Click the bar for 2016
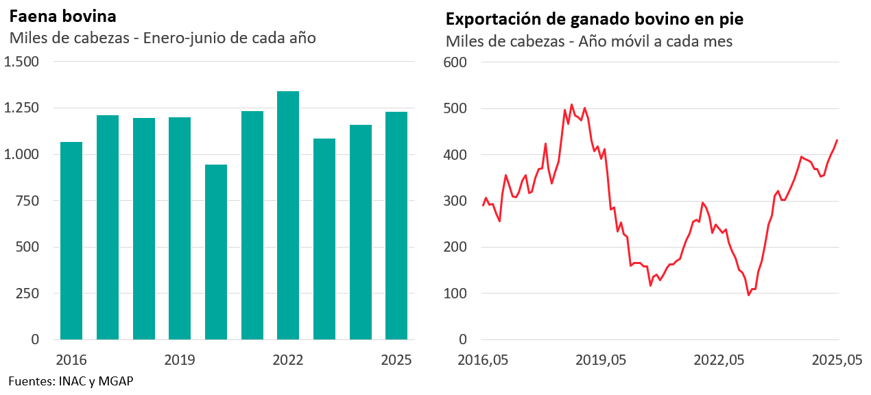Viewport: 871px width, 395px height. tap(71, 241)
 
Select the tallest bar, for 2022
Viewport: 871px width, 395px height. tap(288, 215)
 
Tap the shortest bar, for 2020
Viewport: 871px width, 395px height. tap(216, 252)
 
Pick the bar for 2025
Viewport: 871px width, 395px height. tap(396, 226)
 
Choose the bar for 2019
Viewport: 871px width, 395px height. tap(180, 228)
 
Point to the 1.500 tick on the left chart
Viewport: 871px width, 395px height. tap(22, 62)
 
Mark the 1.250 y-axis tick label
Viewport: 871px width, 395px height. tap(22, 108)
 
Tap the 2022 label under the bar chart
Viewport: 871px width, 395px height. tap(288, 360)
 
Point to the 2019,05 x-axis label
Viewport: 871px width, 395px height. tap(601, 360)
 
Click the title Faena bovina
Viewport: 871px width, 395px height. tap(62, 16)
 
